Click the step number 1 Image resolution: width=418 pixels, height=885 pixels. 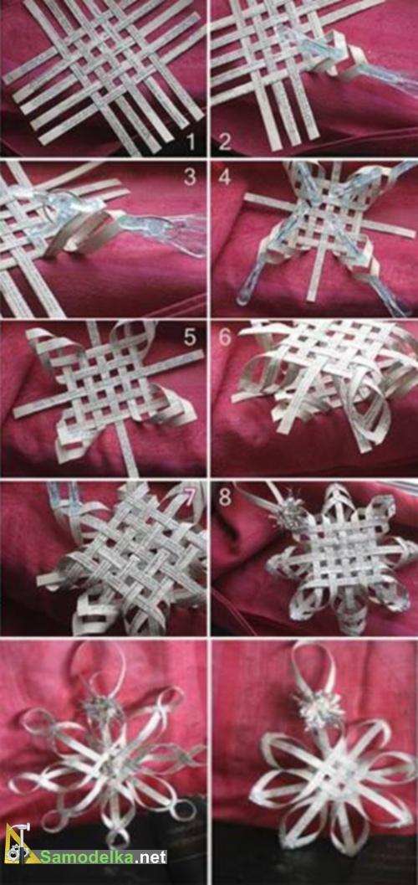click(x=191, y=141)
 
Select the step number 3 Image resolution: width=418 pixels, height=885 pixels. click(x=190, y=178)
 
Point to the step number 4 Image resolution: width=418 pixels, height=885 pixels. click(x=226, y=178)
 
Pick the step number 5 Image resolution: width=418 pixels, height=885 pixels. click(x=190, y=337)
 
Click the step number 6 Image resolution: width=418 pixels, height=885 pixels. click(x=225, y=337)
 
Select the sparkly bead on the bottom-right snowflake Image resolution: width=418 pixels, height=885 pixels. click(x=320, y=709)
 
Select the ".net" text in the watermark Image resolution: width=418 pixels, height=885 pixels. click(x=151, y=857)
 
